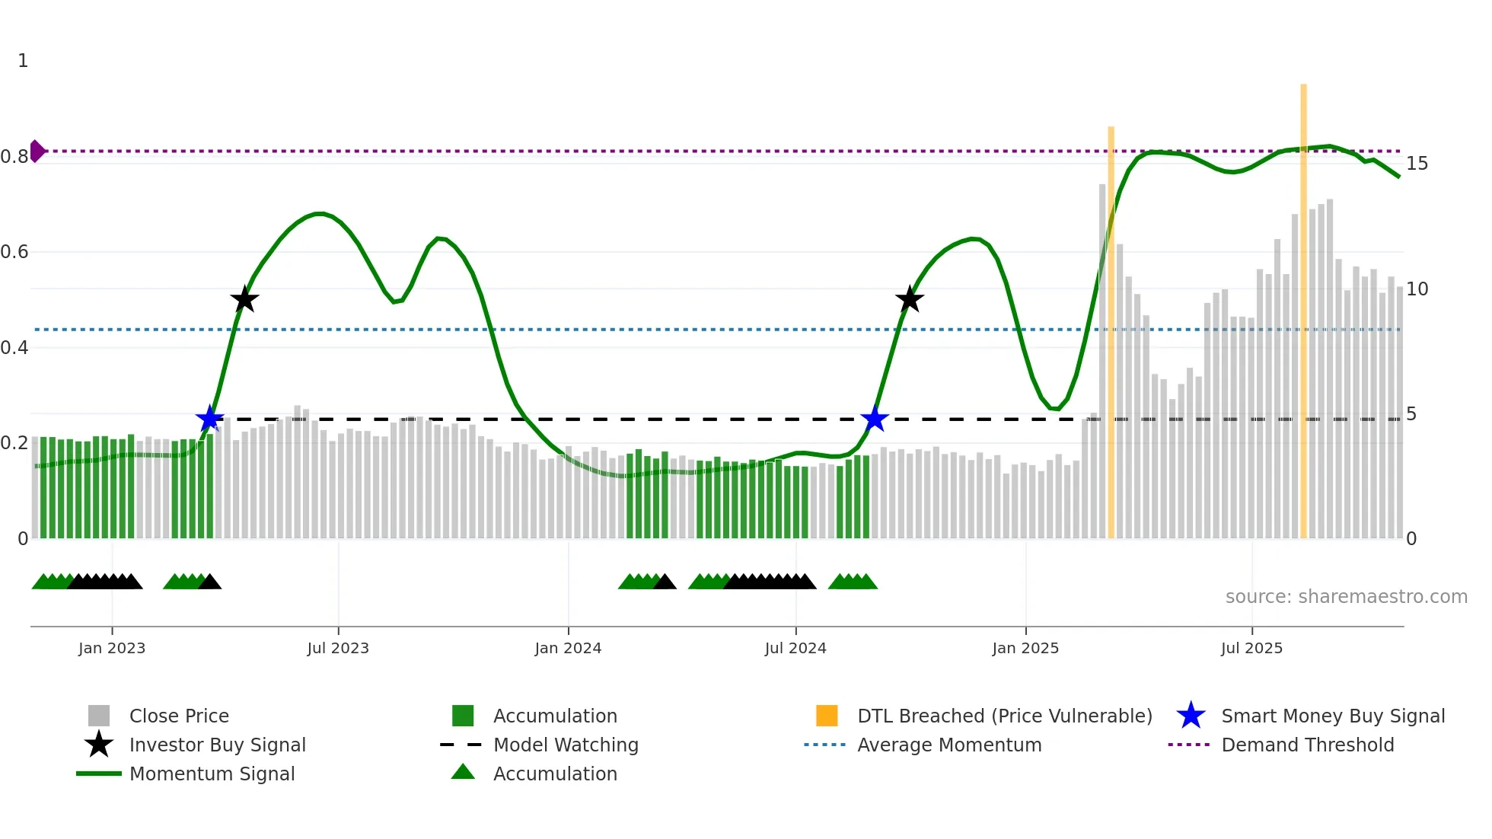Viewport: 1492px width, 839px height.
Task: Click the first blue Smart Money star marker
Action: (x=209, y=418)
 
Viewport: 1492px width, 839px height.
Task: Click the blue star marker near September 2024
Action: (x=875, y=419)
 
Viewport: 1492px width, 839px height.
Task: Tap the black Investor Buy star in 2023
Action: (x=244, y=299)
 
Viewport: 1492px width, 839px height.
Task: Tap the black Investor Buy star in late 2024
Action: (x=910, y=299)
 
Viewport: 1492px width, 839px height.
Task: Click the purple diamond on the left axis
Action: (x=37, y=151)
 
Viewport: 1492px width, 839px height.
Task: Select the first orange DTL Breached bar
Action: (x=1111, y=332)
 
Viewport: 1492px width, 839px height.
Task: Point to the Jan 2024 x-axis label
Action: (x=568, y=648)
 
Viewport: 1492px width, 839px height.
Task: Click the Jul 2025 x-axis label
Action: (x=1251, y=648)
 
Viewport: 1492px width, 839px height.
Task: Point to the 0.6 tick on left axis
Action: (x=15, y=252)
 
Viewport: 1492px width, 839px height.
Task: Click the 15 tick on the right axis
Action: (x=1417, y=164)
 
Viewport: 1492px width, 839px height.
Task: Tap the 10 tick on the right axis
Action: (x=1417, y=289)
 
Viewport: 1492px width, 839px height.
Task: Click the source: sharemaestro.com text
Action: (x=1346, y=597)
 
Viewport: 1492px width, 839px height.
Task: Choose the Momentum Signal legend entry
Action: (x=212, y=774)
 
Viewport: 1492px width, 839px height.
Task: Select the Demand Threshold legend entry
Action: (x=1307, y=745)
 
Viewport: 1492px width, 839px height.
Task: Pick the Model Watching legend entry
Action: (x=566, y=745)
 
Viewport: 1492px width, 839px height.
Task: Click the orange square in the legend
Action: (x=827, y=716)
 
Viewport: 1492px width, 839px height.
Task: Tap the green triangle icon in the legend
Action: (x=463, y=772)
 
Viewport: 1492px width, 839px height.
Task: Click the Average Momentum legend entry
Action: (x=948, y=745)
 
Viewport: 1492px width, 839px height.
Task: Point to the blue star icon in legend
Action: (x=1191, y=716)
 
